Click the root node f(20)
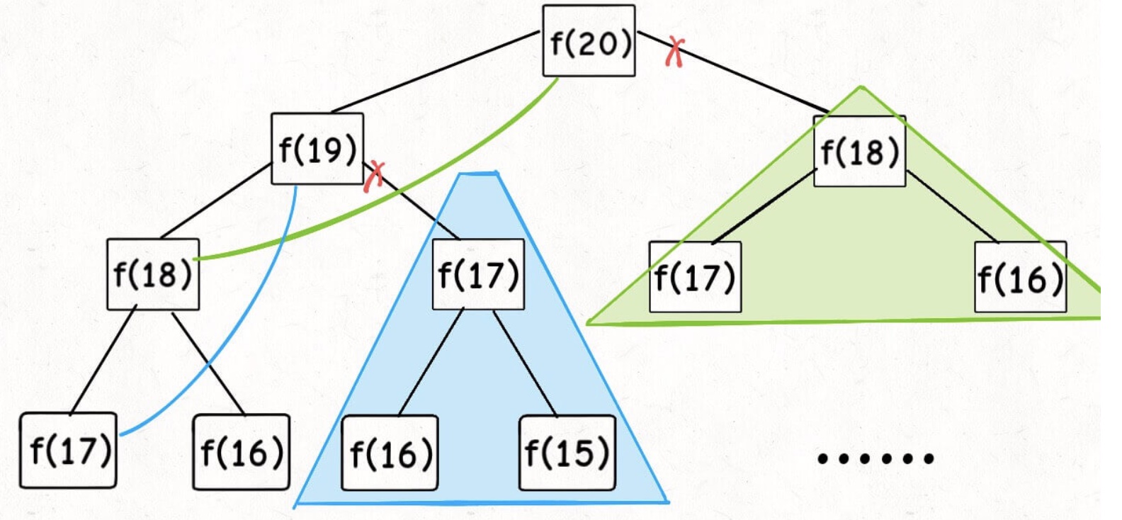click(589, 41)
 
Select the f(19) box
click(317, 149)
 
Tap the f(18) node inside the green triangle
click(859, 152)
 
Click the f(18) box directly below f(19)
click(153, 274)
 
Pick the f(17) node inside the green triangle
click(695, 277)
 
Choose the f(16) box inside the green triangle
click(1020, 277)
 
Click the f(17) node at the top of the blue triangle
click(478, 274)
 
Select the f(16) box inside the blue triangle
click(390, 453)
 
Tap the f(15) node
click(567, 453)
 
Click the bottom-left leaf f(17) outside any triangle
click(69, 451)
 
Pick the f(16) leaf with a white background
click(242, 452)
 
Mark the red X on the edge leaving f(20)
click(675, 52)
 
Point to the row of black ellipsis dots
click(875, 458)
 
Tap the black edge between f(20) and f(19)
click(436, 71)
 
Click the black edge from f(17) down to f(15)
click(525, 363)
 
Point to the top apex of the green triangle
click(861, 87)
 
